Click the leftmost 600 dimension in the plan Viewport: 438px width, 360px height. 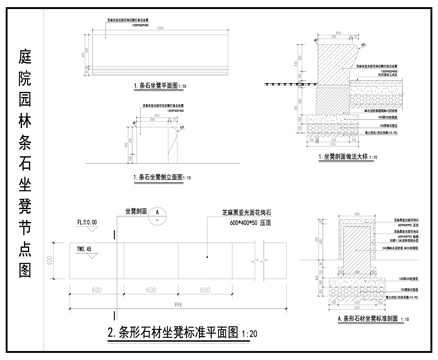click(99, 289)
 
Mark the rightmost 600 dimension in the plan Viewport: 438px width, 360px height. click(204, 289)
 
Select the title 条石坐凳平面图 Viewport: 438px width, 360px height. click(156, 87)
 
